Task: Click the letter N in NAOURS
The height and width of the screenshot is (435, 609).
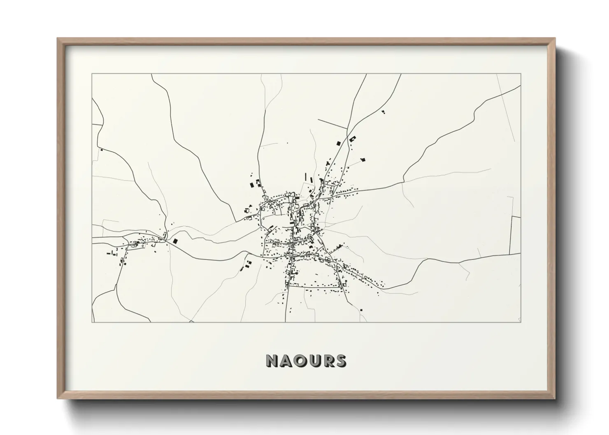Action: pyautogui.click(x=273, y=361)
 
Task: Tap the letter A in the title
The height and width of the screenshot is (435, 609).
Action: pyautogui.click(x=286, y=361)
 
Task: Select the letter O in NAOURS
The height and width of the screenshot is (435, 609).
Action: pyautogui.click(x=301, y=361)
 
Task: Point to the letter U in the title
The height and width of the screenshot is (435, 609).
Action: pyautogui.click(x=315, y=361)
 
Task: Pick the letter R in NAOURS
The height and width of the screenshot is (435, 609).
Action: pyautogui.click(x=328, y=361)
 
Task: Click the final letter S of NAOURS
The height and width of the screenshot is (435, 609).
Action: pyautogui.click(x=341, y=361)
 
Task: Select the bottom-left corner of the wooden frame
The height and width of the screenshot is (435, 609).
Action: pyautogui.click(x=58, y=398)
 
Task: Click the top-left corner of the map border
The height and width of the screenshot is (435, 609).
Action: pyautogui.click(x=92, y=74)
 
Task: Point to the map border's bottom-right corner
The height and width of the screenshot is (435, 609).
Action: pyautogui.click(x=521, y=322)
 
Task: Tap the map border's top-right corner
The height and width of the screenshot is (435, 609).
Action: pyautogui.click(x=521, y=74)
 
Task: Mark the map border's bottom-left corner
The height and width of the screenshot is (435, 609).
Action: pyautogui.click(x=92, y=322)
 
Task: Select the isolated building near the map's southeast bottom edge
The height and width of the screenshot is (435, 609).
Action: pyautogui.click(x=361, y=310)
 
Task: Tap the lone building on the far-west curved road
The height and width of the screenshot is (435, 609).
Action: pyautogui.click(x=101, y=150)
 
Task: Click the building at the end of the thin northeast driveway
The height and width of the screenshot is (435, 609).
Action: pyautogui.click(x=363, y=160)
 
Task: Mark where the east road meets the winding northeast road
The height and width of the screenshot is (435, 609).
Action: pyautogui.click(x=403, y=182)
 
